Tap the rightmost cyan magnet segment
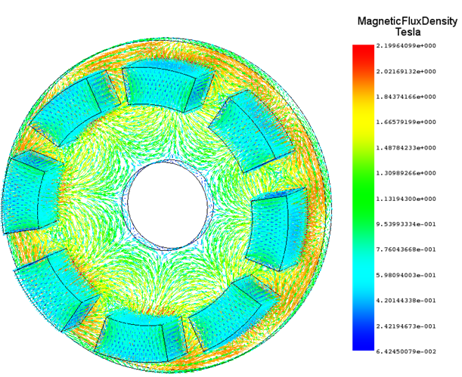(x=281, y=230)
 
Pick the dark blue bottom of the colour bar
(x=363, y=346)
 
